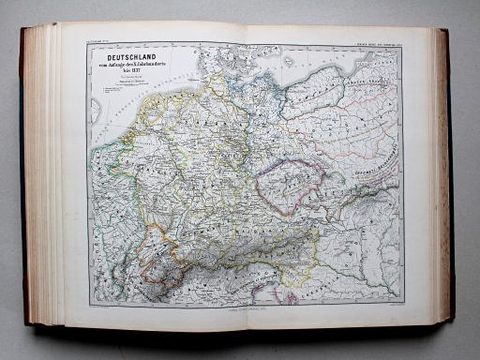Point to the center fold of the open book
tap(246, 178)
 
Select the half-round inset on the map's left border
tap(95, 110)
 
